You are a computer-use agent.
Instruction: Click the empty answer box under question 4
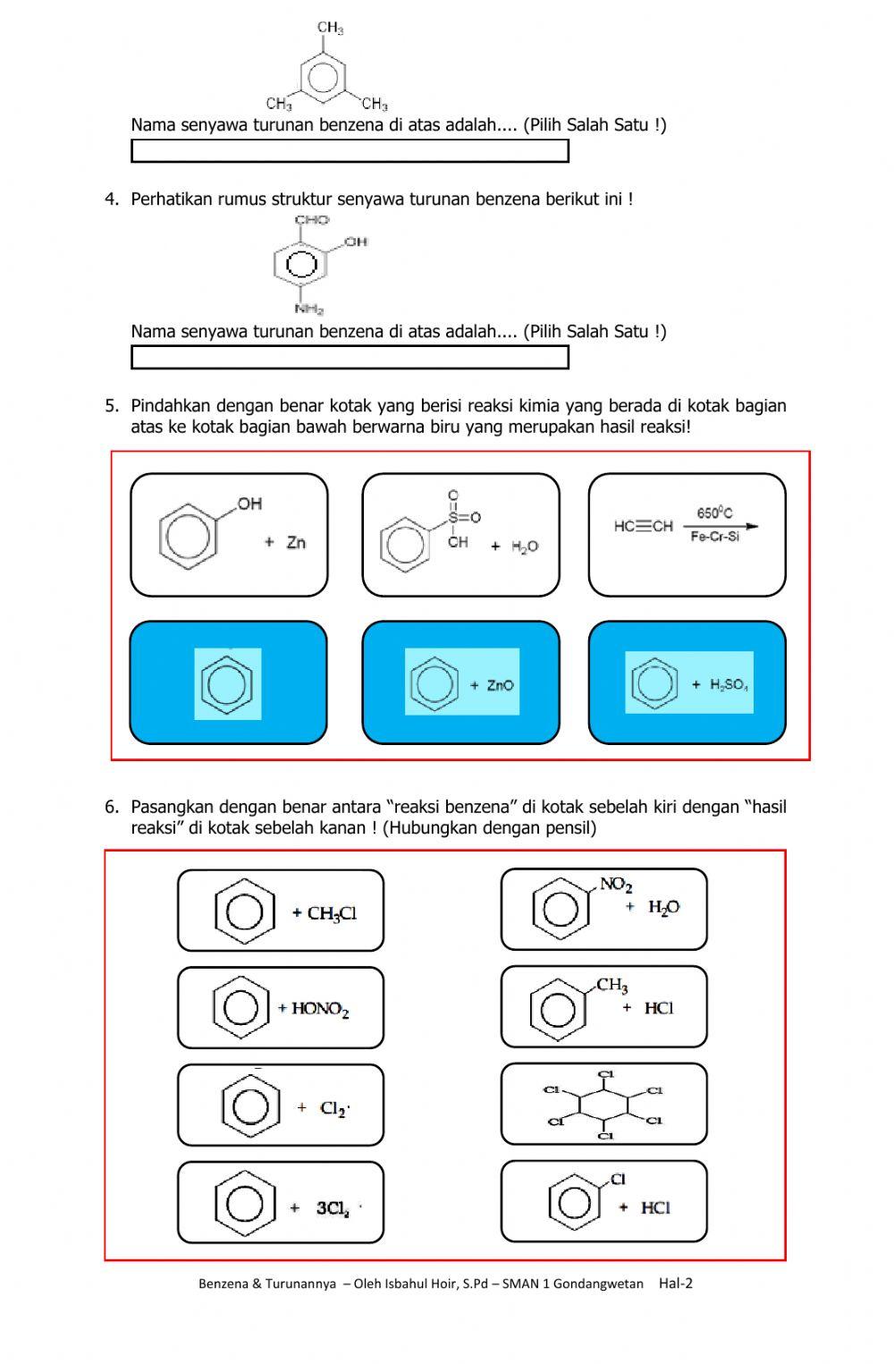point(350,358)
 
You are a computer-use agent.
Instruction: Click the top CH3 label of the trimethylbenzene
point(330,28)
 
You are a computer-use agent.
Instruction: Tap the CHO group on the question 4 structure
point(312,220)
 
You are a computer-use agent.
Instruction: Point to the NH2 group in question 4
point(309,309)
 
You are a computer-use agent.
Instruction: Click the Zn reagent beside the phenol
point(296,543)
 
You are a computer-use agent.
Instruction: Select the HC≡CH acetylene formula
point(643,526)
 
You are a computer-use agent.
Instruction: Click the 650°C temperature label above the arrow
point(714,513)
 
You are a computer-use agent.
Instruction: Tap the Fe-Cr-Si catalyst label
point(714,538)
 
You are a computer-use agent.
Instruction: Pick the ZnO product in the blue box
point(500,685)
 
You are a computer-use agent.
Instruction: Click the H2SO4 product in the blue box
point(729,685)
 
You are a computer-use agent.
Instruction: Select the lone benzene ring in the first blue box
point(228,684)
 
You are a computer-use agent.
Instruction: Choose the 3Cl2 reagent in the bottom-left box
point(333,1208)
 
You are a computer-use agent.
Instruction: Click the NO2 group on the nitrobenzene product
point(616,885)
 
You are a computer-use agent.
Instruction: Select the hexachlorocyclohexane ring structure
point(604,1106)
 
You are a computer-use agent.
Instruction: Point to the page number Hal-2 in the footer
point(675,1284)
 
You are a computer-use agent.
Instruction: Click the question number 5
point(111,406)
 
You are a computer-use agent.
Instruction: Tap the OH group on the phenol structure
point(249,504)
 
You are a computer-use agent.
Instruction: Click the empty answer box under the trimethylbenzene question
point(350,151)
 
